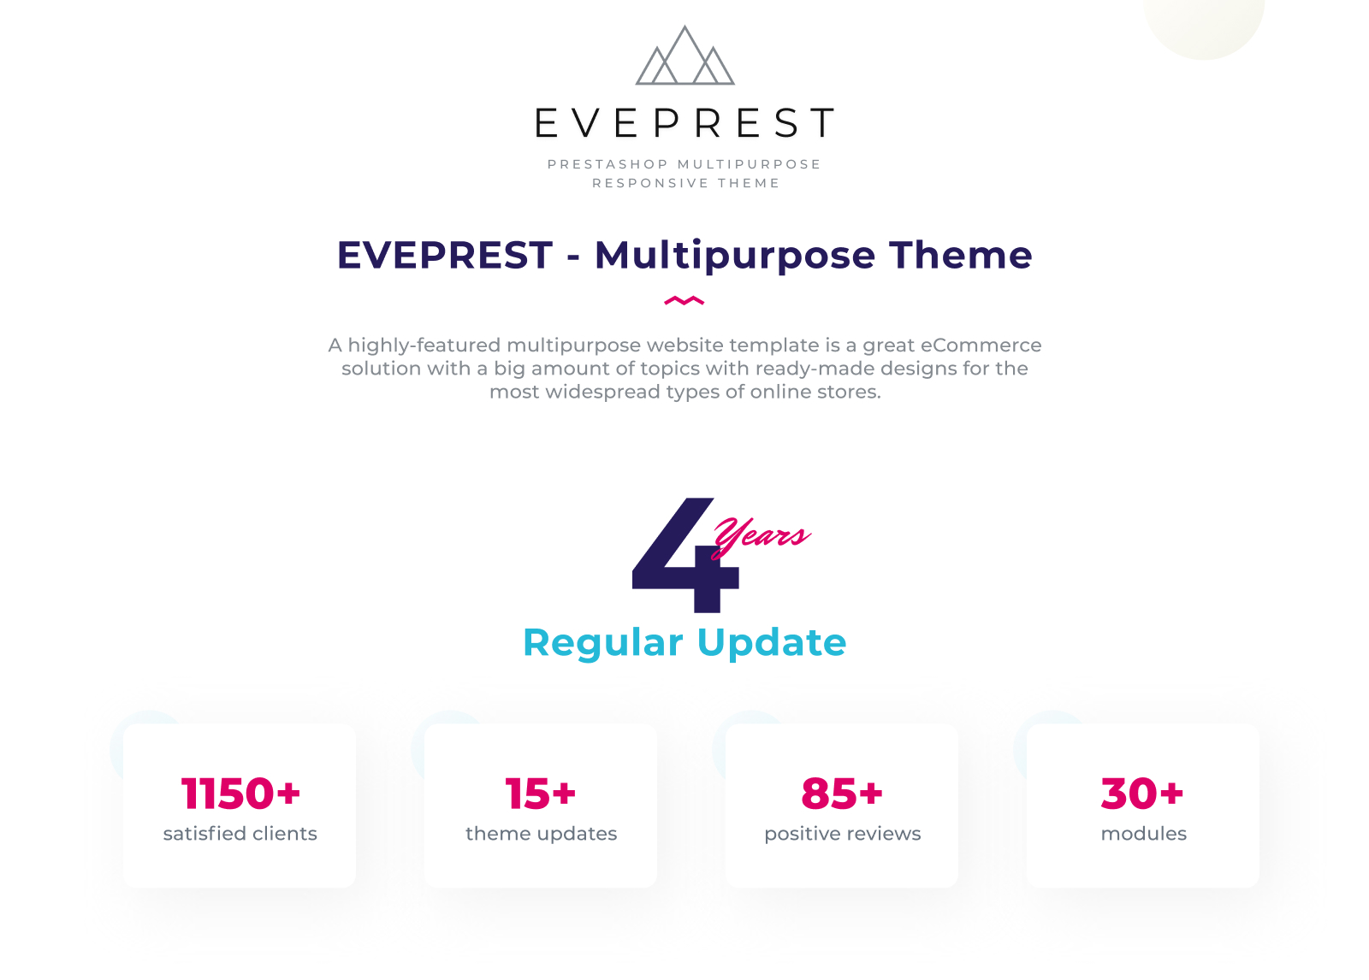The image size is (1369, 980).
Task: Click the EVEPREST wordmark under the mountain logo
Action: [684, 122]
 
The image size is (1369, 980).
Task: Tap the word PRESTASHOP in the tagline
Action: [608, 164]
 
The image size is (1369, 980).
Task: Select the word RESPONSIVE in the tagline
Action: [650, 183]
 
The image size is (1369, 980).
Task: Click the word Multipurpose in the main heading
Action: [735, 257]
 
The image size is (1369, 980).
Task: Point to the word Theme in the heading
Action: [961, 255]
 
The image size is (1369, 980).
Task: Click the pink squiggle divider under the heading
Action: [684, 300]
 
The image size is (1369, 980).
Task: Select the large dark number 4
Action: [685, 555]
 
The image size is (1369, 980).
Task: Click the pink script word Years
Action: [762, 536]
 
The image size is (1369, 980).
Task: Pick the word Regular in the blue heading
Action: [603, 644]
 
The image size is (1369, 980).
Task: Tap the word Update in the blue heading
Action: [772, 644]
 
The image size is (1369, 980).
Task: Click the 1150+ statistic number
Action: [240, 794]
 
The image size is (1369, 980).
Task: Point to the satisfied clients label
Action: [240, 834]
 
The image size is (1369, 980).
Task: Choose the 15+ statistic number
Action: [540, 794]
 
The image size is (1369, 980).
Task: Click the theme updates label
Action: [541, 834]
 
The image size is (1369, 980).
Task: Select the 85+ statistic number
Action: [842, 794]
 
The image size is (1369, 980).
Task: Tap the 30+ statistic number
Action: [1142, 794]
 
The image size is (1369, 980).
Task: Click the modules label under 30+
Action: [1143, 834]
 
